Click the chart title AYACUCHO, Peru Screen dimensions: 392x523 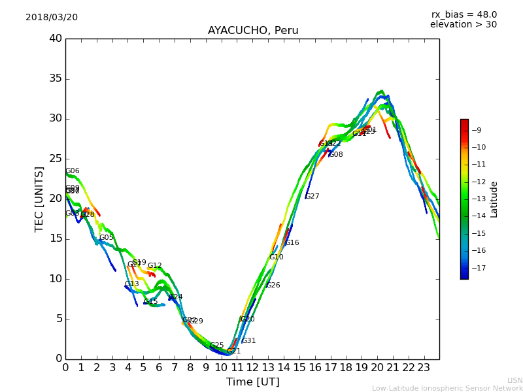(253, 31)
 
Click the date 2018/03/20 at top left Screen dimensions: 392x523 (52, 17)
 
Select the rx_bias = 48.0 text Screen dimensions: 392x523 (464, 14)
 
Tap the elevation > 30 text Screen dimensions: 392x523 (463, 25)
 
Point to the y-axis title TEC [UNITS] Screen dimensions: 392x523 (39, 199)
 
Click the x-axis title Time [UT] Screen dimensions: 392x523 (252, 382)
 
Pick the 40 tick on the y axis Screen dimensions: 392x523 (56, 39)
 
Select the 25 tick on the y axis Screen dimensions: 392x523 (56, 159)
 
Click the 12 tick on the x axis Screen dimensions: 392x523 (252, 368)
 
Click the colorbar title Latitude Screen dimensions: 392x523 (494, 199)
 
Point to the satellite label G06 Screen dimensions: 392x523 (73, 171)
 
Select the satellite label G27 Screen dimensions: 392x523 (312, 197)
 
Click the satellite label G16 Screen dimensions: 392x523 (292, 243)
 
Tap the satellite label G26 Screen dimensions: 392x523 (273, 286)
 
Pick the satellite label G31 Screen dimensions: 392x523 (249, 341)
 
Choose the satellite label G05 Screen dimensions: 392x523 (107, 238)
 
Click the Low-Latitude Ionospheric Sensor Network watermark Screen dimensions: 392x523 (447, 388)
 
